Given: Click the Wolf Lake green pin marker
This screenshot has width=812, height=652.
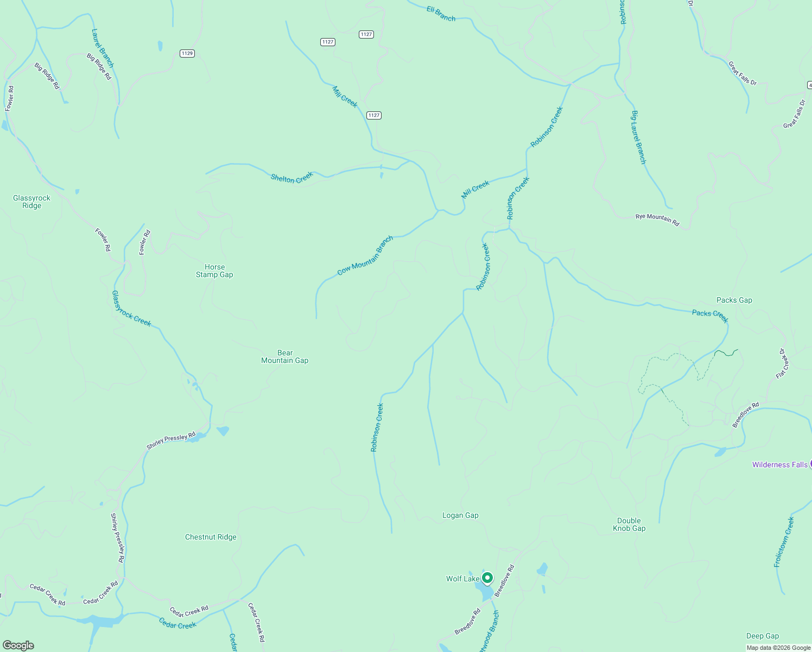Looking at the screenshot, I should (487, 578).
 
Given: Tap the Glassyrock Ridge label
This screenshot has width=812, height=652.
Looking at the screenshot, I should (32, 202).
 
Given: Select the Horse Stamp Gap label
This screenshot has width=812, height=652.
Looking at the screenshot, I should (214, 271).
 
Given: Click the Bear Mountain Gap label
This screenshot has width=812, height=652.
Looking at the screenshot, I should (285, 357).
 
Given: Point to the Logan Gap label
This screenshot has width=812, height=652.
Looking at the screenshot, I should (460, 516).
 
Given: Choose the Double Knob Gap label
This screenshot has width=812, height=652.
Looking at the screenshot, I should (629, 525).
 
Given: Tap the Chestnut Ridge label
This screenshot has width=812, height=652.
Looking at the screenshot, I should (211, 537).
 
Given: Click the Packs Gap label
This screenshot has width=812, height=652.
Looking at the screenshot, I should (734, 300).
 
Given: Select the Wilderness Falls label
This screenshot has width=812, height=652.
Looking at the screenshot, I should (779, 465).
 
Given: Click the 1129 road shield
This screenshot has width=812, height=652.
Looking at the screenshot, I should (187, 53).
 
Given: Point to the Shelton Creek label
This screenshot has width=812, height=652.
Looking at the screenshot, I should (292, 178).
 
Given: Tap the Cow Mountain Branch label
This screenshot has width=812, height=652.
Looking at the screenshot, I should (365, 256).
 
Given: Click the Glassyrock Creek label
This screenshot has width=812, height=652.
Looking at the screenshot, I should (131, 309).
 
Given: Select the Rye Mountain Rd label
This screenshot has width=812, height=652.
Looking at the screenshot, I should (657, 219).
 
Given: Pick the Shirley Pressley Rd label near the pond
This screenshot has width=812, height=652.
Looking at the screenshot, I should (171, 441).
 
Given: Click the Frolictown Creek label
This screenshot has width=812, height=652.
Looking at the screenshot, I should (784, 542).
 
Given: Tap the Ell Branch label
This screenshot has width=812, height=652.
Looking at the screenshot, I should (441, 14).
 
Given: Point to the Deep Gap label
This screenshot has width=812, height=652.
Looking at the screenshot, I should (762, 636).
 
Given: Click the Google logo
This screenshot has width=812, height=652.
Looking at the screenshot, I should (18, 645).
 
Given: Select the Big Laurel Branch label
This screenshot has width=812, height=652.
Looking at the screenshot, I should (638, 137).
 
